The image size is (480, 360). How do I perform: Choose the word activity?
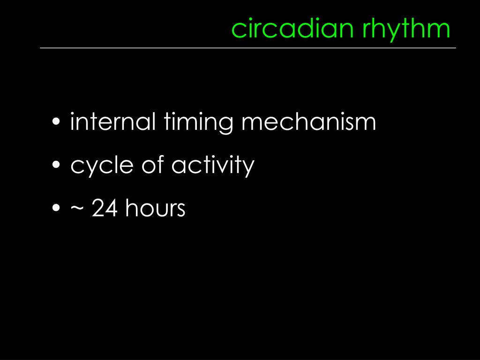coord(212,165)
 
